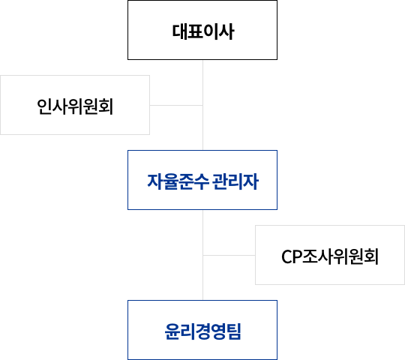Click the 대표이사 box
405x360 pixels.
click(202, 30)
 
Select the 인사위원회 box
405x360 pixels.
click(75, 105)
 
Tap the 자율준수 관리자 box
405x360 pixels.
click(202, 180)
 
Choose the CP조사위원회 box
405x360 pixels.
click(330, 255)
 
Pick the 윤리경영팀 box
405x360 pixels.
click(202, 330)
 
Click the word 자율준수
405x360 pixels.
click(178, 181)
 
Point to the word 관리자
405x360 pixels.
click(235, 181)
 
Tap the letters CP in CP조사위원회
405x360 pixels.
click(292, 256)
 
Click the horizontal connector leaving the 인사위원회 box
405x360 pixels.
click(176, 105)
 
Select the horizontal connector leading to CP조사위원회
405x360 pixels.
click(229, 256)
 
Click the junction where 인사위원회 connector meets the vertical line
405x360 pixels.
click(202, 105)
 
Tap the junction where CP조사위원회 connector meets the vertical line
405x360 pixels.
click(202, 256)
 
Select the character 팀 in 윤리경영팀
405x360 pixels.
click(233, 331)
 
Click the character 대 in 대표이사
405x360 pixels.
click(180, 31)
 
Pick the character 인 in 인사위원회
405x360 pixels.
click(44, 106)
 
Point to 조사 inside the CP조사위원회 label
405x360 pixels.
click(317, 256)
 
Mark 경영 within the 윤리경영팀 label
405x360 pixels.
click(211, 331)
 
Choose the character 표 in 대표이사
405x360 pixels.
click(195, 31)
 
